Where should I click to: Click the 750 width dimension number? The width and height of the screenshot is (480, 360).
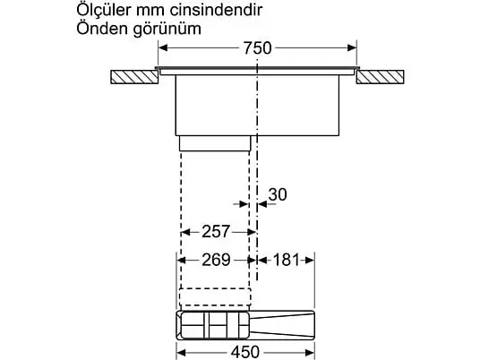[x=257, y=48]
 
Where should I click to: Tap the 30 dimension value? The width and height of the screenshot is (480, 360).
[x=278, y=194]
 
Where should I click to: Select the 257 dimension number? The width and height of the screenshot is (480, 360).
[x=216, y=232]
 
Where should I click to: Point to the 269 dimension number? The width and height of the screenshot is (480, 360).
[x=216, y=260]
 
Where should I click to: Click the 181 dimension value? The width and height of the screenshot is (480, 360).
[x=286, y=260]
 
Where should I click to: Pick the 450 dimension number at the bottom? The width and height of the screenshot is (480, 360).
[x=245, y=352]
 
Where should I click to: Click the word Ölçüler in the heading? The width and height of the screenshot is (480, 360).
[x=104, y=10]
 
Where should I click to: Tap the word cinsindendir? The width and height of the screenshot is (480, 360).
[x=216, y=10]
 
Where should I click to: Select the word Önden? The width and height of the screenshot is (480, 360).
[x=102, y=29]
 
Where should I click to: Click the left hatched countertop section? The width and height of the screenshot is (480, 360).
[x=134, y=77]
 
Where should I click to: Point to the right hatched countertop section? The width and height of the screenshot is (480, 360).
[x=380, y=77]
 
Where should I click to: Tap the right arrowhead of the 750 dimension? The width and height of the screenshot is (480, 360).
[x=352, y=47]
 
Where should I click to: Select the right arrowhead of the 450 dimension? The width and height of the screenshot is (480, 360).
[x=310, y=352]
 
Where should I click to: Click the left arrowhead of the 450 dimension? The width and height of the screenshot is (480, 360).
[x=182, y=352]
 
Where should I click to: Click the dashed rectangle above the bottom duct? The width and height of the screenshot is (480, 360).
[x=215, y=296]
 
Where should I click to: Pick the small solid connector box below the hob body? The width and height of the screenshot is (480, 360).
[x=215, y=143]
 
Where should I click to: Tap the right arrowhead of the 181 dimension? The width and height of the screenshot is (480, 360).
[x=310, y=261]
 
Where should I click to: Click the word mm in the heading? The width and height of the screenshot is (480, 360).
[x=150, y=12]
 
